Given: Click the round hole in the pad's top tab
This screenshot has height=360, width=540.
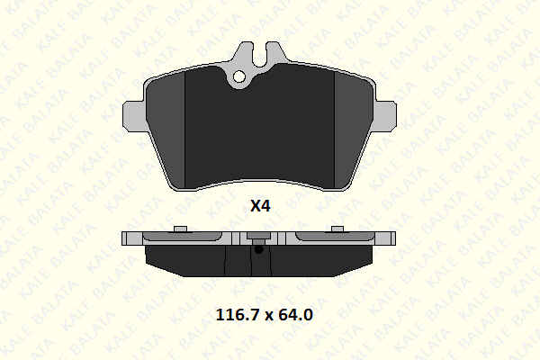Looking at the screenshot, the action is tap(239, 76).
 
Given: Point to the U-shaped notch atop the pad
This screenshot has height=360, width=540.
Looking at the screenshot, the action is tap(260, 54).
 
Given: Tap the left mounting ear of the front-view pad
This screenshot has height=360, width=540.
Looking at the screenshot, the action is tap(134, 116).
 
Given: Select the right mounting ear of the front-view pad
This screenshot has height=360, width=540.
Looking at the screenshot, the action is tap(385, 116).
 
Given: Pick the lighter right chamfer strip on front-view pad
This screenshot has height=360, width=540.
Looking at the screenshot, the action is tap(352, 130).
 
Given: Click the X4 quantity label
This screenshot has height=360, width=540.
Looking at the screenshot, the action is tap(260, 206).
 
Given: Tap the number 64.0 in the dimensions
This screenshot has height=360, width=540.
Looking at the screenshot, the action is tap(295, 314).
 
